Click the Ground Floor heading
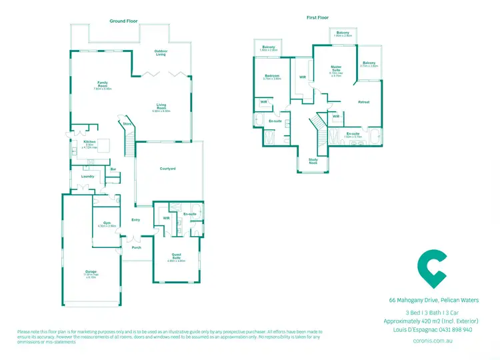(123, 22)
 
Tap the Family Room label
(103, 85)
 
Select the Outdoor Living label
(161, 53)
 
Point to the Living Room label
(161, 107)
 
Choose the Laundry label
(87, 176)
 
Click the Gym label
(107, 222)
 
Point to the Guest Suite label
(177, 256)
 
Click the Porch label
(136, 247)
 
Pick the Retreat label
(364, 102)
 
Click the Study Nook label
(313, 161)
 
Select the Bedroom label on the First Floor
(272, 76)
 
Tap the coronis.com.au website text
(433, 340)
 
